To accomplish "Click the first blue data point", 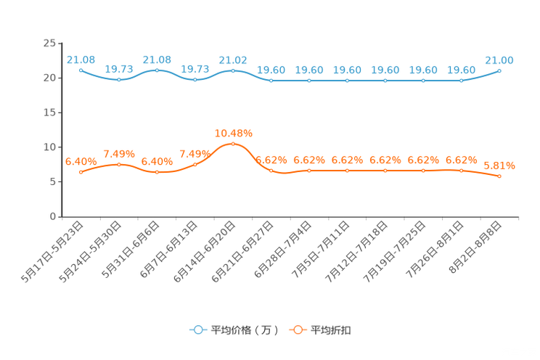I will coord(81,70).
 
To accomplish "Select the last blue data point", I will coord(500,70).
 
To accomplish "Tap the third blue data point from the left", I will coord(157,70).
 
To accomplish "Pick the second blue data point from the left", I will coord(119,79).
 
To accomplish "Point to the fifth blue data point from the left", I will coord(233,70).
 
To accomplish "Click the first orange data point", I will coord(81,172).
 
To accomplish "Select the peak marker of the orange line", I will coord(233,144).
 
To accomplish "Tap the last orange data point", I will coord(500,176).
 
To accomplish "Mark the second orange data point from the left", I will coord(119,164).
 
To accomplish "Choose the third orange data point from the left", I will coord(157,172).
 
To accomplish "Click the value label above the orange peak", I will coord(234,133).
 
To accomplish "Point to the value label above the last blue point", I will coord(500,60).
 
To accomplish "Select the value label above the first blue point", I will coord(81,59).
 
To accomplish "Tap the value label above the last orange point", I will coord(500,165).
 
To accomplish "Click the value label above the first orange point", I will coord(81,161).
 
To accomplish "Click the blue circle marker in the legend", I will coord(197,330).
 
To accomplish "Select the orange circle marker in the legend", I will coord(298,330).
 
